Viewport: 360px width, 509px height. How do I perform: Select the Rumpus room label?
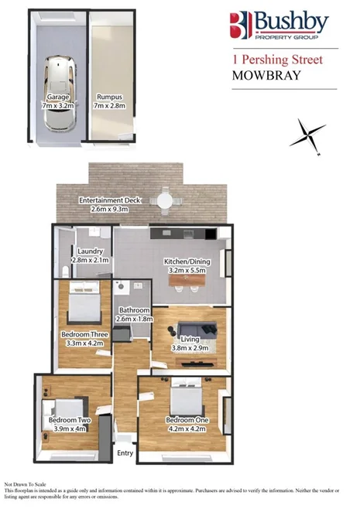[x=108, y=97]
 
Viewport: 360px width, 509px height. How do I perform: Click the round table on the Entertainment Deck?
[x=164, y=200]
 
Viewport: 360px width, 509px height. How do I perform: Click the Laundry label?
[x=91, y=251]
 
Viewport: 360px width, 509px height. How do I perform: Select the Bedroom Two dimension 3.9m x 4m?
[x=70, y=428]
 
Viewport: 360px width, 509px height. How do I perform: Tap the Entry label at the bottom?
[x=124, y=454]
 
